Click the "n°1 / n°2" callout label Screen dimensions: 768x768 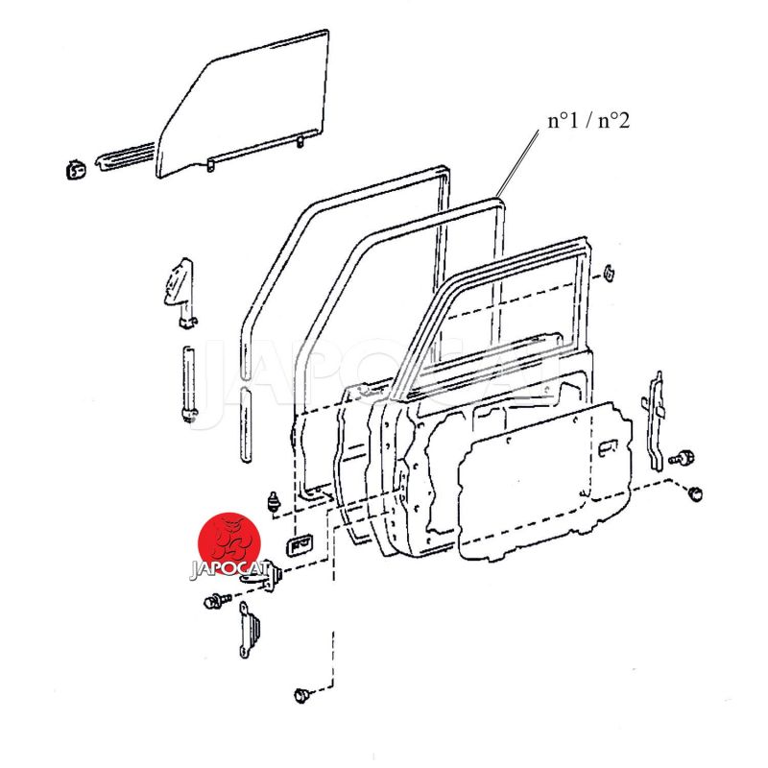tap(588, 121)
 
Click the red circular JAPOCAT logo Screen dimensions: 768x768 tap(228, 543)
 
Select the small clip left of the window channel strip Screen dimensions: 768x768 tap(76, 169)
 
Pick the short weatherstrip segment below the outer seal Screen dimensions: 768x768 tap(246, 424)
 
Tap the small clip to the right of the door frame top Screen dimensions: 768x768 tap(609, 274)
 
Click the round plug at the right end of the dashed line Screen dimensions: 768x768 tap(696, 493)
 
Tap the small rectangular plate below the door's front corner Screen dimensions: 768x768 tap(300, 544)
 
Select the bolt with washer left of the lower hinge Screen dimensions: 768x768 tap(216, 601)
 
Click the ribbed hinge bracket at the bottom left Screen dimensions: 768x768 tap(251, 630)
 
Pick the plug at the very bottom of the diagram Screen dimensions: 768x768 tap(301, 695)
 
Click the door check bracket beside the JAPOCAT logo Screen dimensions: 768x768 tap(261, 575)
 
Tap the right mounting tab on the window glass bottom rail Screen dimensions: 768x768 tap(300, 141)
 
